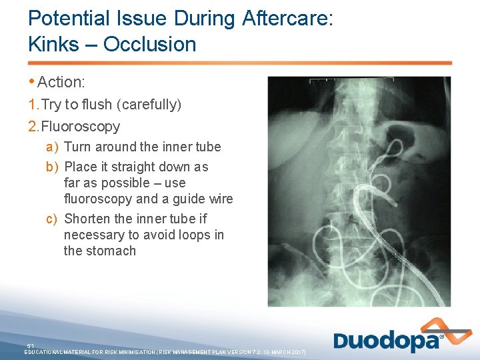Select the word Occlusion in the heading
149,45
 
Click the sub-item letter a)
52,147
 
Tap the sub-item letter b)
52,167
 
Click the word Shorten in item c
88,219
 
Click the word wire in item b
219,199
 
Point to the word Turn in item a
77,147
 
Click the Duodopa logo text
387,341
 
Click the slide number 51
30,345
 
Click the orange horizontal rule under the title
240,63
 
